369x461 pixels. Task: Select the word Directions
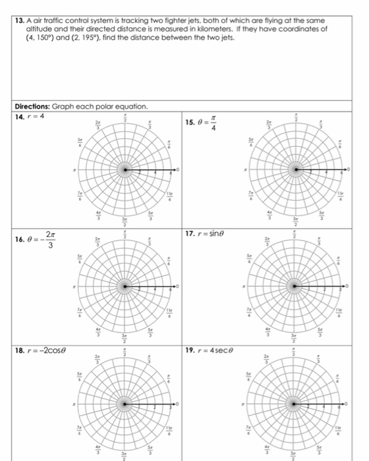point(34,106)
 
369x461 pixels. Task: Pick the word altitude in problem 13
point(38,30)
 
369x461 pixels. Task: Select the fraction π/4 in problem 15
point(213,124)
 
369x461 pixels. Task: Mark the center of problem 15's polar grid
point(296,171)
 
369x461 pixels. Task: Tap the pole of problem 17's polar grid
point(295,286)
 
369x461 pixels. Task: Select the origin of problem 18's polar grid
point(126,402)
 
